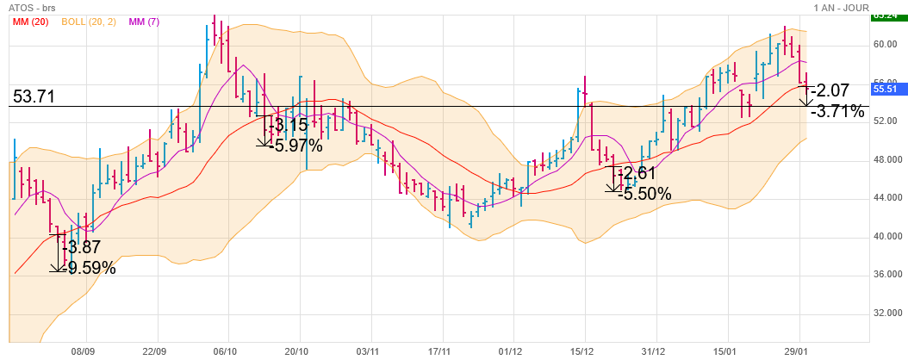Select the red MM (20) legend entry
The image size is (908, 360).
click(x=30, y=22)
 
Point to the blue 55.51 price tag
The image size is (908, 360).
click(x=886, y=88)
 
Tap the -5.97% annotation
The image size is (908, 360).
click(x=296, y=146)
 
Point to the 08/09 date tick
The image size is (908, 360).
click(x=84, y=351)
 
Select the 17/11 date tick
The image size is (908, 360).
click(x=440, y=351)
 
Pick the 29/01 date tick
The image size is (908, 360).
click(x=798, y=351)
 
